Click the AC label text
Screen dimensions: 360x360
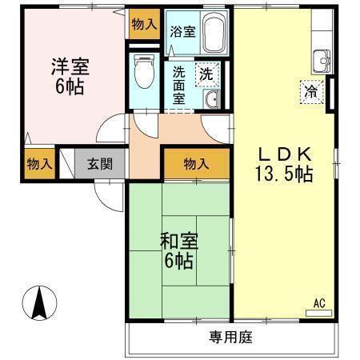coord(318,302)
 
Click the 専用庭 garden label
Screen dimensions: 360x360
coord(231,338)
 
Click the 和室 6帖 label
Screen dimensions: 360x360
coord(179,249)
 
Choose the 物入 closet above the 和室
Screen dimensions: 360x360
coord(196,164)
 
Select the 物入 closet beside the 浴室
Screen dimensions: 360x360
coord(144,25)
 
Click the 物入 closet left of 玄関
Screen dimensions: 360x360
coord(38,165)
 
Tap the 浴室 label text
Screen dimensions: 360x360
coord(182,33)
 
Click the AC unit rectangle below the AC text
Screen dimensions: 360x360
coord(318,313)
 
